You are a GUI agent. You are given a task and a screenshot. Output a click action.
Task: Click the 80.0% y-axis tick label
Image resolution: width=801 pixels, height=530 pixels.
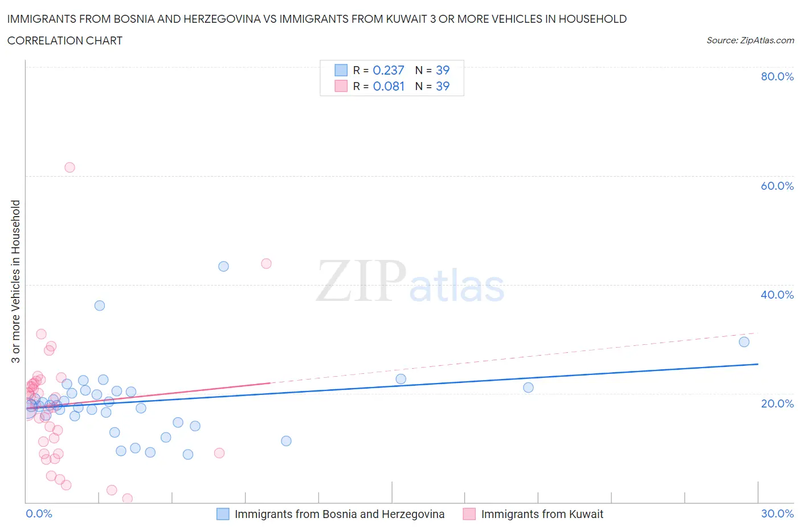coord(777,76)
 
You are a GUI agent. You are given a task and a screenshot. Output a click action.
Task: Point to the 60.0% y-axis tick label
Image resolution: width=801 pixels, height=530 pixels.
coord(777,186)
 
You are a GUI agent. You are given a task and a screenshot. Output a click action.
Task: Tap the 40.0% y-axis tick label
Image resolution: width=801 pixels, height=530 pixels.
coord(777,295)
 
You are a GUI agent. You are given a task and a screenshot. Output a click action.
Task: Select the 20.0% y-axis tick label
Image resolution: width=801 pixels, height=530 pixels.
coord(777,403)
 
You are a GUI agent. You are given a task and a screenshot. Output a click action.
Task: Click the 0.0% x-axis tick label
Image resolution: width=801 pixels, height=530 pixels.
coord(39,513)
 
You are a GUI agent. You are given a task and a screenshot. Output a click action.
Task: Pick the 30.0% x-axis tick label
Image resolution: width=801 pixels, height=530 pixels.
coord(777,513)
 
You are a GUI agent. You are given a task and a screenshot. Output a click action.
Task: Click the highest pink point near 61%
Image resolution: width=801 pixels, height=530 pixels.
coord(70,168)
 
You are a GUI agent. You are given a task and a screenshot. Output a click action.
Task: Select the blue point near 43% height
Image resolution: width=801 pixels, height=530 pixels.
coord(223,266)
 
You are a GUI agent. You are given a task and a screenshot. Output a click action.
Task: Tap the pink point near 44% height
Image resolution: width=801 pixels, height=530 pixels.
coord(266,263)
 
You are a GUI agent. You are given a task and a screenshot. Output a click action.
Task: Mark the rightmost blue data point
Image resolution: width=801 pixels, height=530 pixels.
coord(744,342)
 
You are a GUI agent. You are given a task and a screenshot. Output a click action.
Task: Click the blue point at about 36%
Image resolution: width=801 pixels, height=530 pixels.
coord(100,305)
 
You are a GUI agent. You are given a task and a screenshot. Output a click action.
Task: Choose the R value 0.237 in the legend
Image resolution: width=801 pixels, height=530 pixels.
coord(388,70)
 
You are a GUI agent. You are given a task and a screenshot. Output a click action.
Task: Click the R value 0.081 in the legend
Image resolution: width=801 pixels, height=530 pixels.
coord(389,86)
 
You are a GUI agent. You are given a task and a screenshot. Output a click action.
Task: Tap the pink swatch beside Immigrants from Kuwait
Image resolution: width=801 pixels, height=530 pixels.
coord(469,514)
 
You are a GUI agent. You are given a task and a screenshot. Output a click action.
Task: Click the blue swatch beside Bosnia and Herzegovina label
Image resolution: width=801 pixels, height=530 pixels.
coord(223,514)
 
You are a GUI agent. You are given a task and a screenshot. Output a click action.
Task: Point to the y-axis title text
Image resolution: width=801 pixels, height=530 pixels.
coord(15,282)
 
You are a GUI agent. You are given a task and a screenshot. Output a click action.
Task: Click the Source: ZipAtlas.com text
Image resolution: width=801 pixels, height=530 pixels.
coord(750,40)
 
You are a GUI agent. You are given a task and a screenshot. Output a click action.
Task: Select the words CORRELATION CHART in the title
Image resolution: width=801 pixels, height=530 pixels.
coord(64,40)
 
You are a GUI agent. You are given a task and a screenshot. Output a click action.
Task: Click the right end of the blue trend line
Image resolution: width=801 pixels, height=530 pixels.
coord(758,364)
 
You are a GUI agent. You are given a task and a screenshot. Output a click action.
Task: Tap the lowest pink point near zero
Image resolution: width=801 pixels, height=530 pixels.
coord(128,499)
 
